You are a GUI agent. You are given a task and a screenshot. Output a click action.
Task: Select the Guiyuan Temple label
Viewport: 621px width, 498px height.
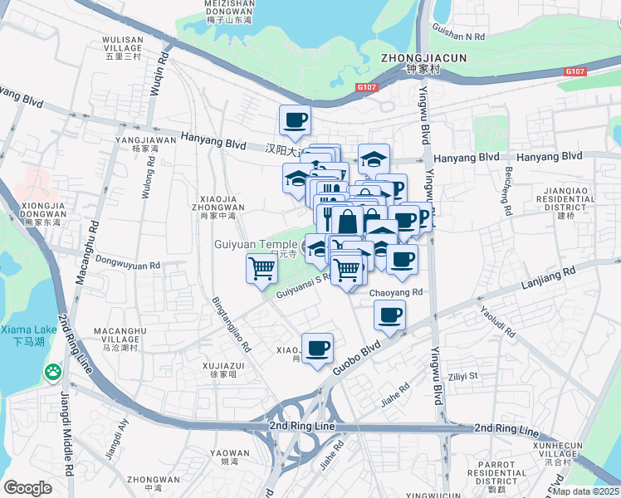256,245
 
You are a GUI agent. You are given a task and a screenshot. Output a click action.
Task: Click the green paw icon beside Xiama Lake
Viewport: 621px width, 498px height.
54,373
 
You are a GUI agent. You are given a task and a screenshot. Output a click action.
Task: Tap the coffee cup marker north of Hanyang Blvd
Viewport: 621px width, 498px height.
296,121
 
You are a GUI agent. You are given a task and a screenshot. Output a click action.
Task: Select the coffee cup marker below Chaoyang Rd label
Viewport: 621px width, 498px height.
389,315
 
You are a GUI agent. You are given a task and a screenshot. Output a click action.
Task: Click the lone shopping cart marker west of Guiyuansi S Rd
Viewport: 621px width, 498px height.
262,269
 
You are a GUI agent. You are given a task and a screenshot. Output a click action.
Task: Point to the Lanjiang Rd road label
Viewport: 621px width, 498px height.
547,277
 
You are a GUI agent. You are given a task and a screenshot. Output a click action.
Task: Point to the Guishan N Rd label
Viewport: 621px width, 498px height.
457,37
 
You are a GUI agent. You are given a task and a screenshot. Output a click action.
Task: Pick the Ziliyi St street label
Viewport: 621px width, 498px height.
462,376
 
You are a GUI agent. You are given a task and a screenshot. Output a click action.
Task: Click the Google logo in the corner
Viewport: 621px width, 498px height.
28,488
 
